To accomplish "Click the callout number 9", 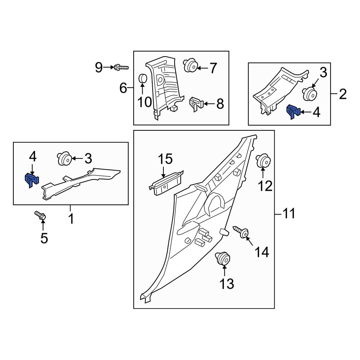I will point(99,67).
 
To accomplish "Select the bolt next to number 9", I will point(121,67).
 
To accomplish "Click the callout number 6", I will point(123,87).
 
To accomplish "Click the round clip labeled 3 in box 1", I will point(64,158).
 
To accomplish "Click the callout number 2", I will point(342,95).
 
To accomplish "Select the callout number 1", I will point(71,219).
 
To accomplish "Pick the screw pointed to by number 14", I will point(241,232).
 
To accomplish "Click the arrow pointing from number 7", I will point(202,68).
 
